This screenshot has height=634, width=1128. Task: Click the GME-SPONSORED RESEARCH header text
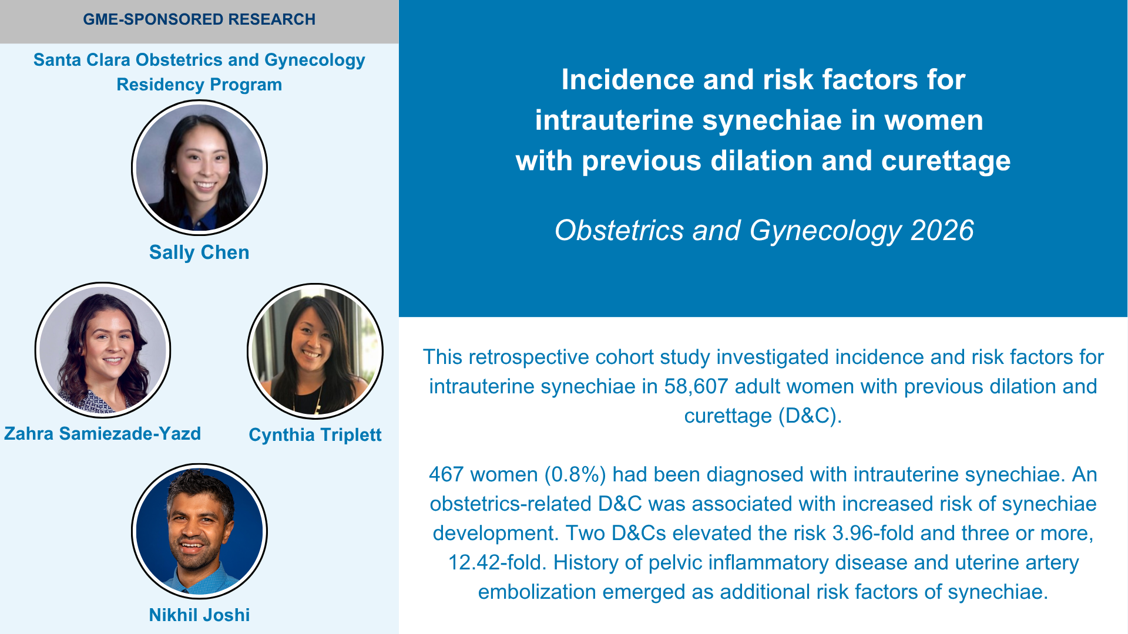(199, 19)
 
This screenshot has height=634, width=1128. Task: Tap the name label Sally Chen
(199, 252)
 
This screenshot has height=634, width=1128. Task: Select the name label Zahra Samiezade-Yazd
(103, 433)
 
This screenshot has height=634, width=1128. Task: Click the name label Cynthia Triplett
(315, 435)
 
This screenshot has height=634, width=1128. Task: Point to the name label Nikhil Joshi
(199, 615)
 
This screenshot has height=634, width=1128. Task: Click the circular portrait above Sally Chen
(199, 168)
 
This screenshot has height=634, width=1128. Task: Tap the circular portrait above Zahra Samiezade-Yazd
(103, 350)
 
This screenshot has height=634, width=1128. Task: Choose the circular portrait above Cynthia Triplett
(315, 352)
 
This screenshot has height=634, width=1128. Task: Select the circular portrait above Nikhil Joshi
(199, 531)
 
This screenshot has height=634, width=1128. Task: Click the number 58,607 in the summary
(696, 386)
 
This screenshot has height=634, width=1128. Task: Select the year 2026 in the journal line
(942, 230)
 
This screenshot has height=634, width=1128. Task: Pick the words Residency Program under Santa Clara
(199, 85)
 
